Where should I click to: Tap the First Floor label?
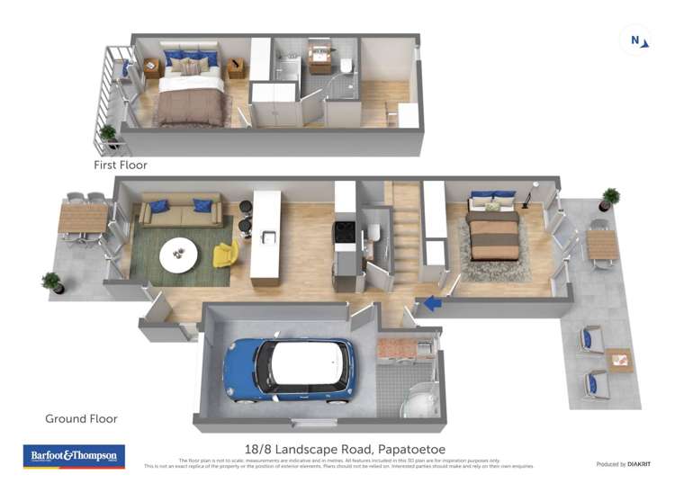click(120, 165)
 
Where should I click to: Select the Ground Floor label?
click(81, 418)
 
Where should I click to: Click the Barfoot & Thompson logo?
click(74, 456)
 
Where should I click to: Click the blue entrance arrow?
click(434, 303)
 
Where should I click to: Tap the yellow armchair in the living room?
click(226, 254)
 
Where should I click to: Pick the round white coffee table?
click(180, 255)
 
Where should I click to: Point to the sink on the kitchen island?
click(267, 237)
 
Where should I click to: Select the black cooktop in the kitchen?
click(345, 231)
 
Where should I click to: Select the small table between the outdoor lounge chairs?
click(618, 361)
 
